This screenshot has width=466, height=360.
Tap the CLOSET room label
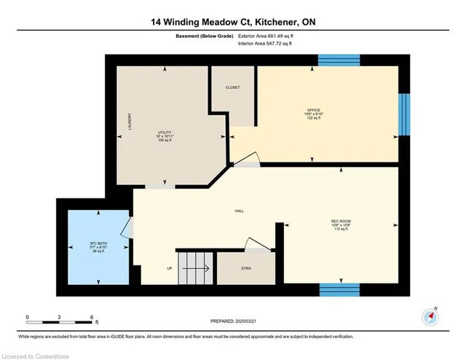[232, 87]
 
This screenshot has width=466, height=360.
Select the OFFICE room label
[313, 110]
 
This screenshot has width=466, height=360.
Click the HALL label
[239, 211]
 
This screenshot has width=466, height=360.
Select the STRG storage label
[246, 268]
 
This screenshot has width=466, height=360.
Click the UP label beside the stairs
[170, 268]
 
